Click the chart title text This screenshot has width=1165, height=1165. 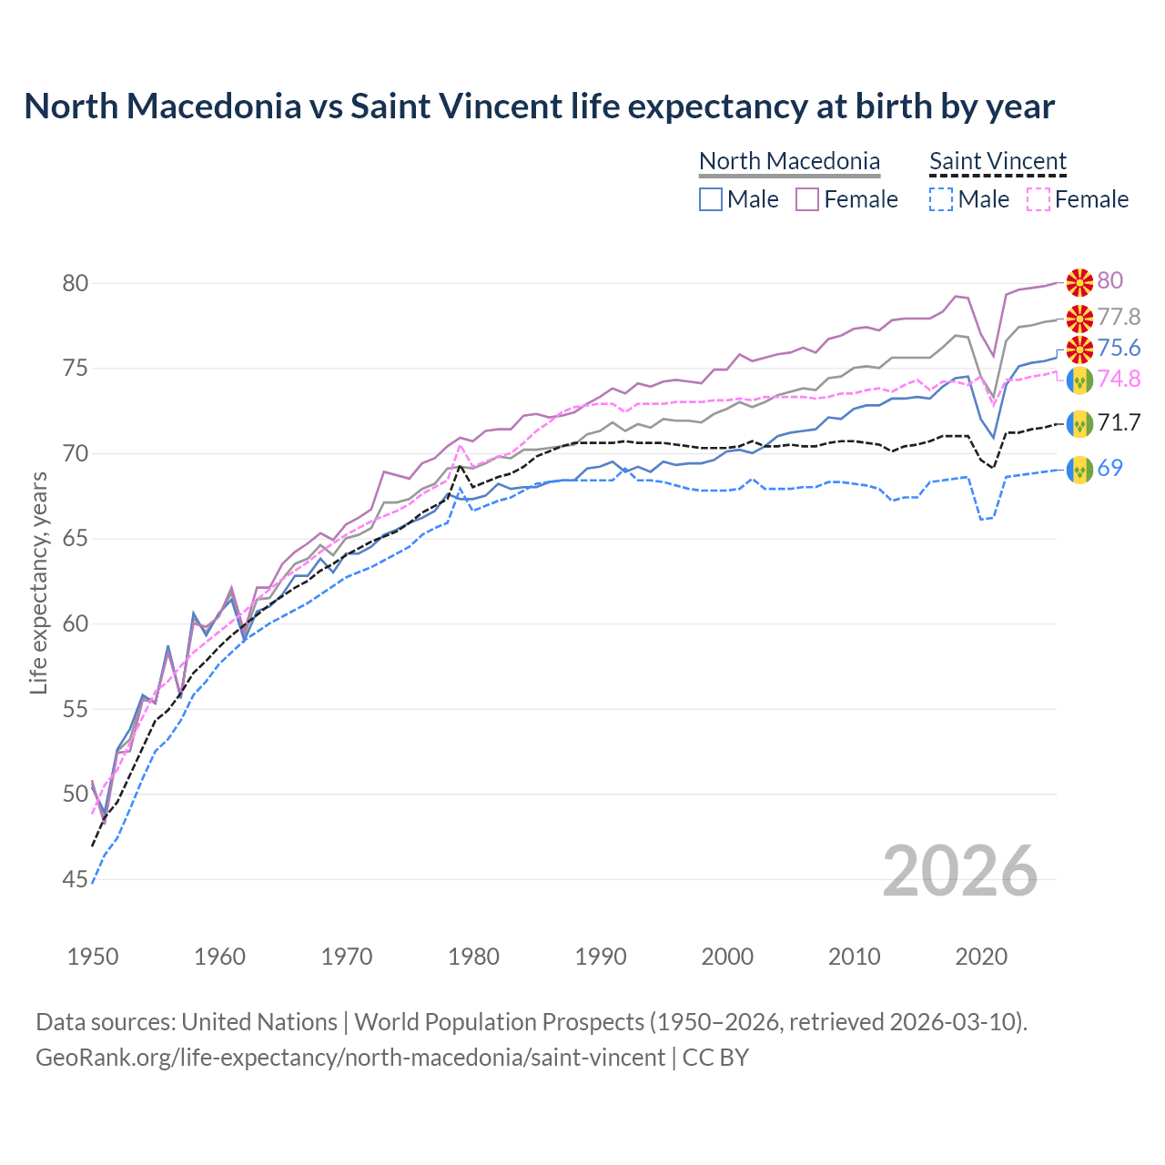tap(539, 106)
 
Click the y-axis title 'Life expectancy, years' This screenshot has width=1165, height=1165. tap(38, 582)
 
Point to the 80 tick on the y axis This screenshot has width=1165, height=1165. tap(76, 283)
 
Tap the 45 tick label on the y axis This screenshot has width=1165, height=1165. tap(76, 879)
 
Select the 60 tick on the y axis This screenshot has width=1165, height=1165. tap(76, 624)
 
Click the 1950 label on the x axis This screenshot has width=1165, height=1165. tap(93, 957)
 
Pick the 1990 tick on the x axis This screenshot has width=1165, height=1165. tap(601, 957)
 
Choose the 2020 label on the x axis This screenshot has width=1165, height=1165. tap(981, 957)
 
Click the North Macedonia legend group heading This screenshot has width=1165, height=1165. tap(789, 161)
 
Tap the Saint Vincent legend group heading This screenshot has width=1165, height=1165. tap(998, 161)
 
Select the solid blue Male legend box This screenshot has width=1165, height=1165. tap(711, 199)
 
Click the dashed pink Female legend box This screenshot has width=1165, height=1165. tap(1038, 199)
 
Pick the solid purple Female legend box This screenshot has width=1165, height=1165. tap(807, 199)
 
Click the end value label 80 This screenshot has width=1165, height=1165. tap(1109, 280)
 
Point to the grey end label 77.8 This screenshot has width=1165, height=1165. tap(1119, 317)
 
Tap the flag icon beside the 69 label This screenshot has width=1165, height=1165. tap(1079, 469)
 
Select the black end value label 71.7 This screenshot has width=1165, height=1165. tap(1119, 422)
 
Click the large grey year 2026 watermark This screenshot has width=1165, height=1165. tap(960, 872)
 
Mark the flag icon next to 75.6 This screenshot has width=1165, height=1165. tap(1079, 349)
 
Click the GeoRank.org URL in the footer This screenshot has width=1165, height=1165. tap(350, 1058)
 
